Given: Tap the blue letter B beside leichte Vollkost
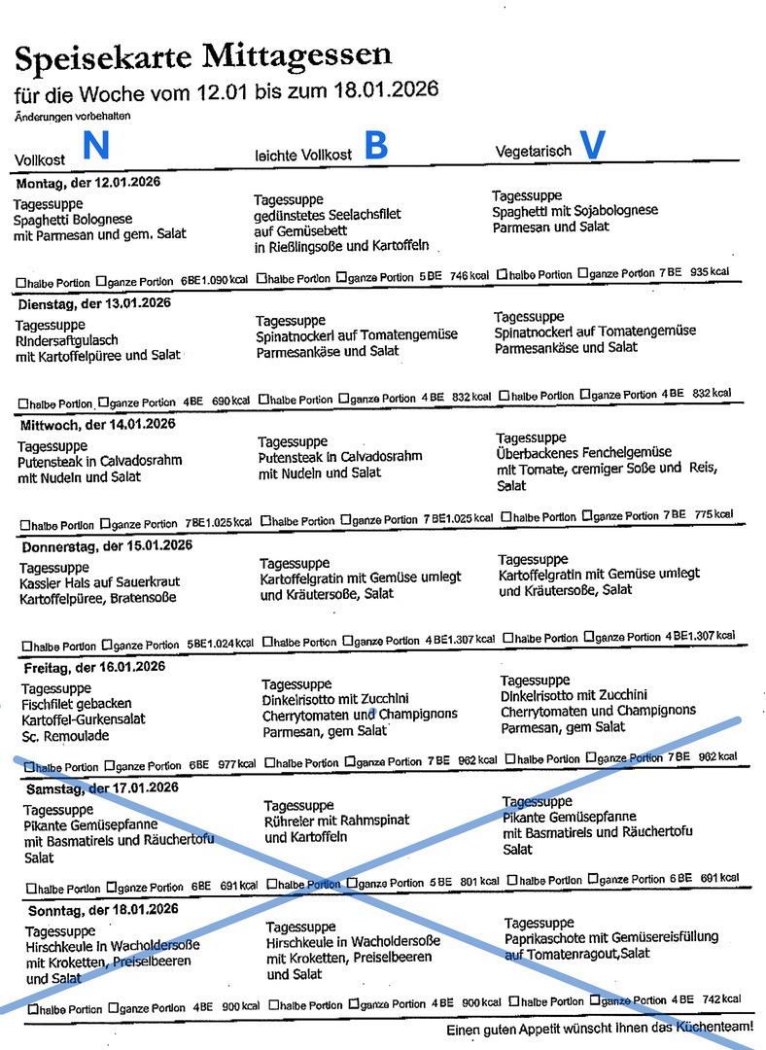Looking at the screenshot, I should coord(375,145).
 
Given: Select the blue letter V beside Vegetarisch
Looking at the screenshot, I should coord(592,145).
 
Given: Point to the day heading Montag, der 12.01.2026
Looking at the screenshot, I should coord(87,183).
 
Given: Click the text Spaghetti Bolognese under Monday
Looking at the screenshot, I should coord(73,219).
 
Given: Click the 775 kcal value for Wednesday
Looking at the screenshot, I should coord(714,514).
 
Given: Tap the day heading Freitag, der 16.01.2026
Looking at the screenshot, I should coord(94,667).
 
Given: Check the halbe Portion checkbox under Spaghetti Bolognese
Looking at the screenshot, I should coord(21,282).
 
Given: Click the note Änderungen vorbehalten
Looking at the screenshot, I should coord(73,116).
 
